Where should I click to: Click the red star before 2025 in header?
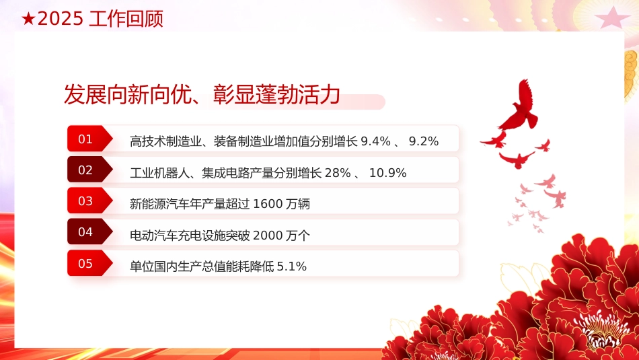[28, 20]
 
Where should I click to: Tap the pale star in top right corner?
[611, 17]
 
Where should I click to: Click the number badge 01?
[86, 139]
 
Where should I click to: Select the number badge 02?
[86, 170]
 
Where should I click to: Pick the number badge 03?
[86, 201]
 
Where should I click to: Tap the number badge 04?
[86, 232]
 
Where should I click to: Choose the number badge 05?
[86, 263]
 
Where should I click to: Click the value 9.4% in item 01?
[375, 141]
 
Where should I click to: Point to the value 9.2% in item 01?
[424, 141]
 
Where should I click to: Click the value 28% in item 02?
[338, 173]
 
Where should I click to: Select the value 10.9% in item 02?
[388, 173]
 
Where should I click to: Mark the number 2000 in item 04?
[267, 235]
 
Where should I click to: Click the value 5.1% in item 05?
[292, 266]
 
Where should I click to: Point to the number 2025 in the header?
[61, 20]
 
